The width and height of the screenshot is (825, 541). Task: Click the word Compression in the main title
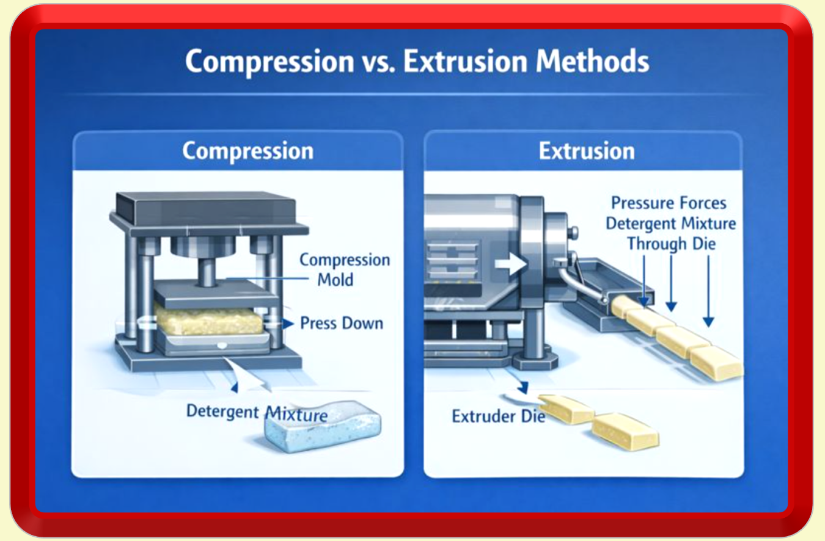[x=269, y=62]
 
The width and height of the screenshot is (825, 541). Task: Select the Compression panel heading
[x=248, y=151]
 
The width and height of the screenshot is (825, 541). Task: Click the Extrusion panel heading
[x=587, y=151]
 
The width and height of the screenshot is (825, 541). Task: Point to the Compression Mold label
[x=345, y=269]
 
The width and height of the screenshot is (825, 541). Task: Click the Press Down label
[x=342, y=323]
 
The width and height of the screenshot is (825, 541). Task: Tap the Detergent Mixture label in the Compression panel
[x=257, y=413]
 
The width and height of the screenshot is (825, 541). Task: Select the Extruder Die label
[x=498, y=416]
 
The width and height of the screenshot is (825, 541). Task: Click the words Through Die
[x=671, y=244]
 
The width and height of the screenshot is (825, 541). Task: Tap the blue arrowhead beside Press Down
[x=288, y=324]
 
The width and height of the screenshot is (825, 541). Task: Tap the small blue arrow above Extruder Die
[x=523, y=387]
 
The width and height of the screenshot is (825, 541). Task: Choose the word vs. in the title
[x=378, y=62]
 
